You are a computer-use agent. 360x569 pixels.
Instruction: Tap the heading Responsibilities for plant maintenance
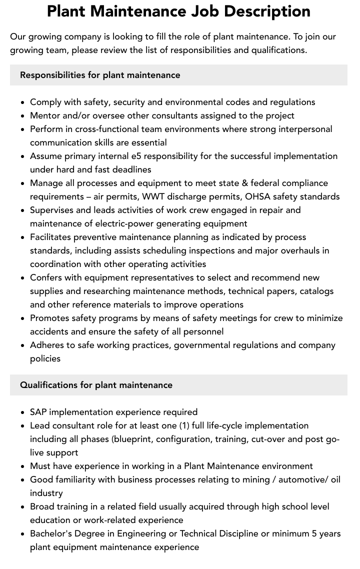pos(100,75)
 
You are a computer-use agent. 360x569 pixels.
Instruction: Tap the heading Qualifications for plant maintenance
pos(96,385)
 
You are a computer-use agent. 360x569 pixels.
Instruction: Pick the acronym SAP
pos(38,412)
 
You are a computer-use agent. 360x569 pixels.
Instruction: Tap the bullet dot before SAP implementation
pos(23,412)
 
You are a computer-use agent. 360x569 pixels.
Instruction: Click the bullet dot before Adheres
pos(23,345)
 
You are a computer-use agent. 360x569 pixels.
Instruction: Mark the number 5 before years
pos(314,533)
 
